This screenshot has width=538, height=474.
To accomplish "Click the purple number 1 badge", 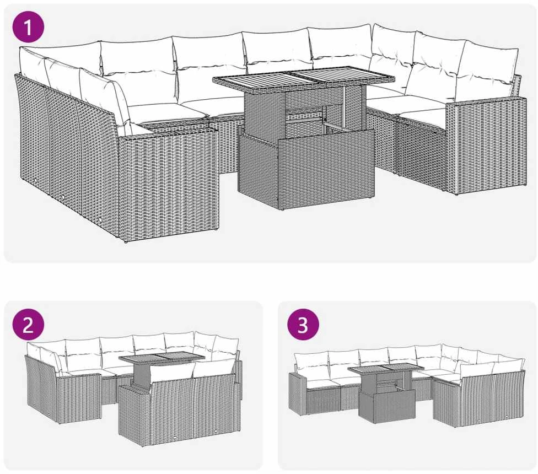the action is pos(28,27).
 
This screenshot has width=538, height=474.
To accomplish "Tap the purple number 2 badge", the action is pos(28,325).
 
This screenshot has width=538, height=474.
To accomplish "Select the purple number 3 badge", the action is pos(303,325).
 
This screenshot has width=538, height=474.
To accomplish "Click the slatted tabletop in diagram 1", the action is pos(304,79).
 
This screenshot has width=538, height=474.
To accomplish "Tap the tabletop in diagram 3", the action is pos(385,369).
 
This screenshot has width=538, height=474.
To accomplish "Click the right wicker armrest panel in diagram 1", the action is pos(486,144).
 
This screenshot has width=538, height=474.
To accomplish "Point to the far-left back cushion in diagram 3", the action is pos(310,364).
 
